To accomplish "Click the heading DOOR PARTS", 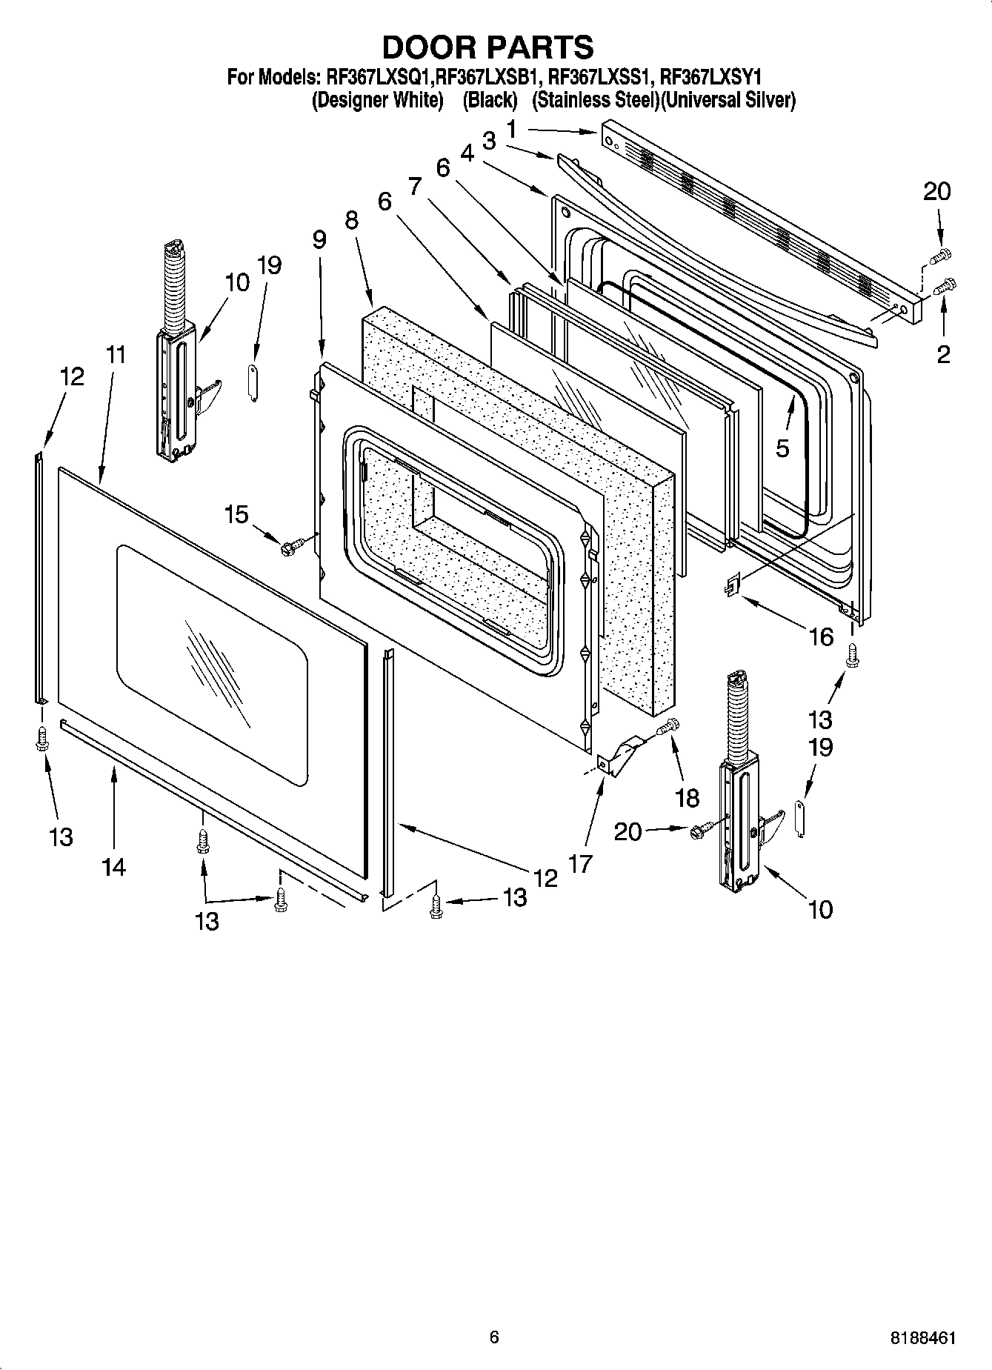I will (487, 47).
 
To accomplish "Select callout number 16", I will (821, 636).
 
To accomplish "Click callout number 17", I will (581, 862).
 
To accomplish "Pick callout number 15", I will (236, 513).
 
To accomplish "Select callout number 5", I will (782, 448).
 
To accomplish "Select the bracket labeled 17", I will (616, 757).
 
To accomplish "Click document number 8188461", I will (922, 1338).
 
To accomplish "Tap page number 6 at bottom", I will (494, 1337).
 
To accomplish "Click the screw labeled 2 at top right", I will (945, 285).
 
